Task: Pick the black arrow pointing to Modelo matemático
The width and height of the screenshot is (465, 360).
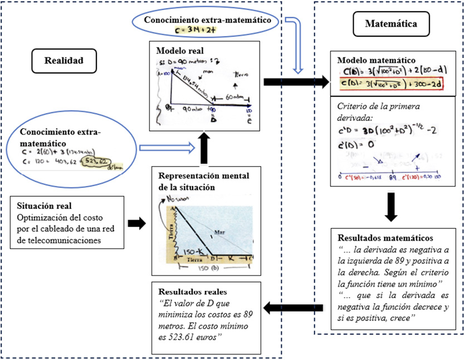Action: pyautogui.click(x=296, y=82)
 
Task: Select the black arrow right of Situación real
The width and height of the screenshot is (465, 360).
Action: pyautogui.click(x=135, y=223)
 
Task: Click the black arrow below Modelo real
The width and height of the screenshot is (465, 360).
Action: pyautogui.click(x=207, y=146)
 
